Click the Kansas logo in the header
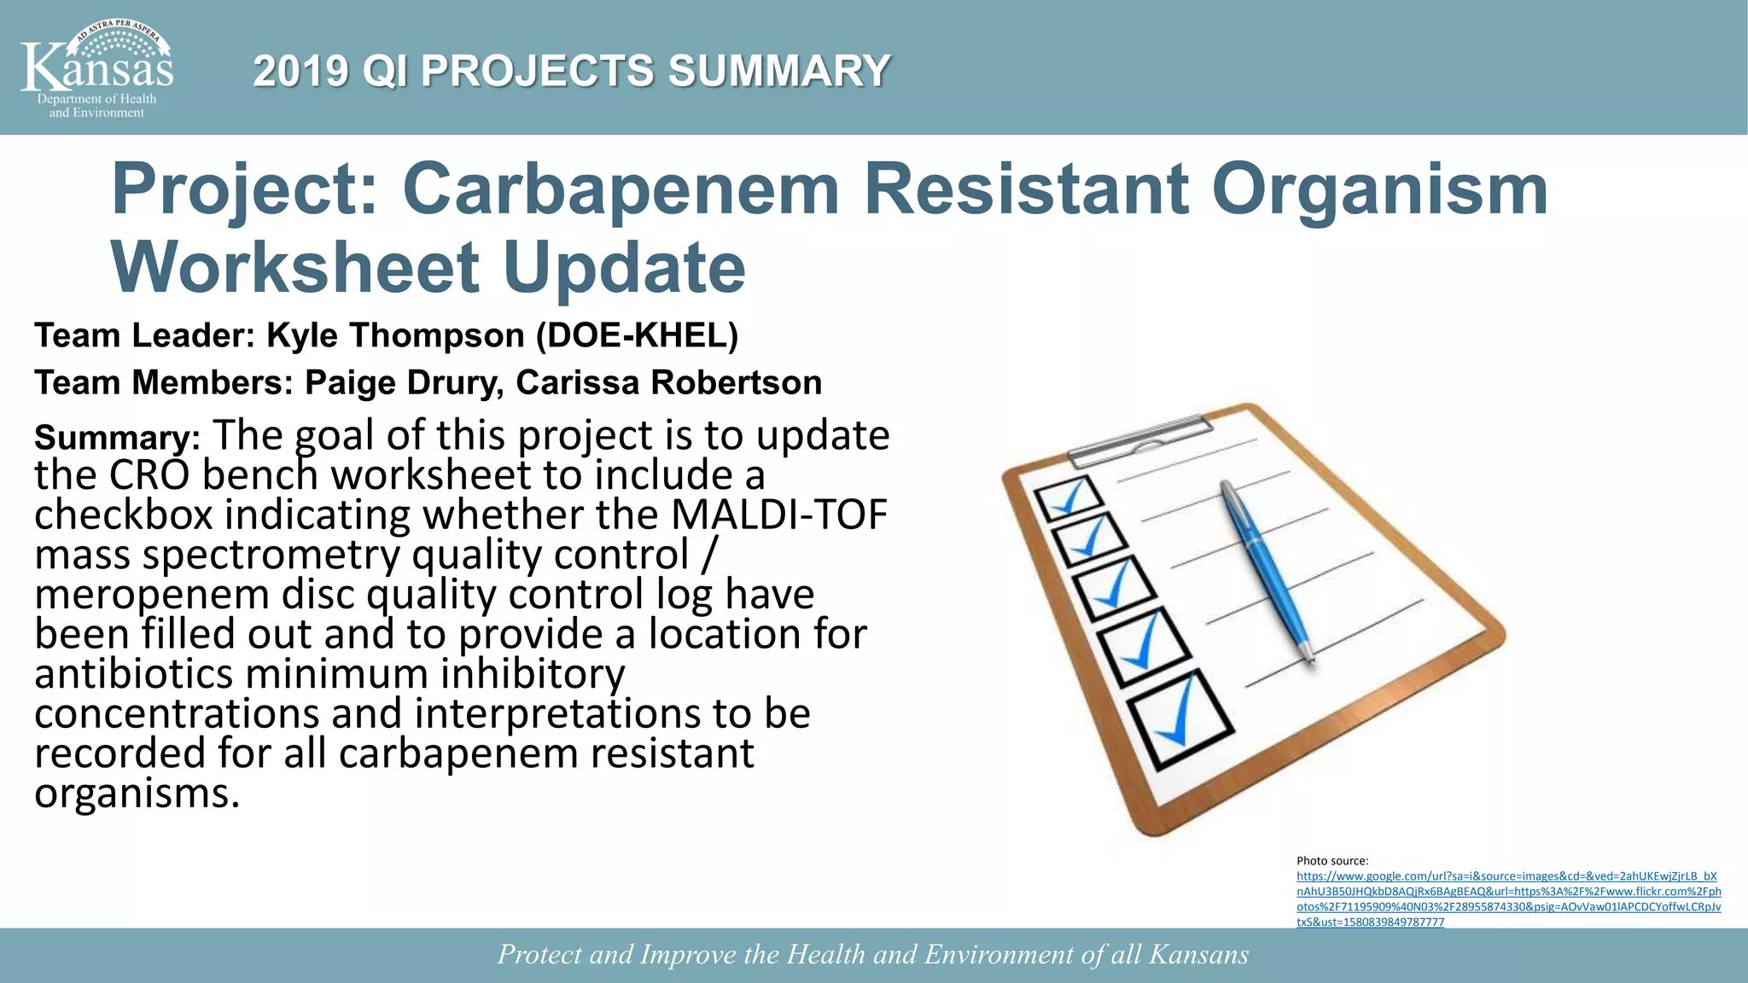(x=96, y=68)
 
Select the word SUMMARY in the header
(x=779, y=71)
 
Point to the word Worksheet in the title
(x=295, y=267)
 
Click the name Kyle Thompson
(x=395, y=335)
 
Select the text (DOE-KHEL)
(x=637, y=335)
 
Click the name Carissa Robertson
(x=669, y=382)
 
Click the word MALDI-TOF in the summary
(x=779, y=515)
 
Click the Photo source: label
(x=1332, y=861)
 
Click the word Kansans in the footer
(x=1198, y=954)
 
